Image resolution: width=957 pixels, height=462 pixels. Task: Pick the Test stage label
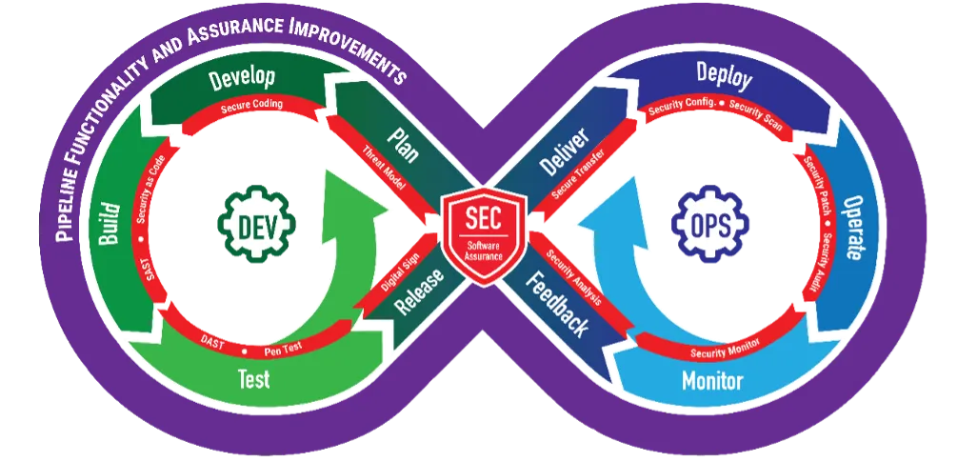point(253,379)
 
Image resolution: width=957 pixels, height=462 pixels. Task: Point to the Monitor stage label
point(711,382)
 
